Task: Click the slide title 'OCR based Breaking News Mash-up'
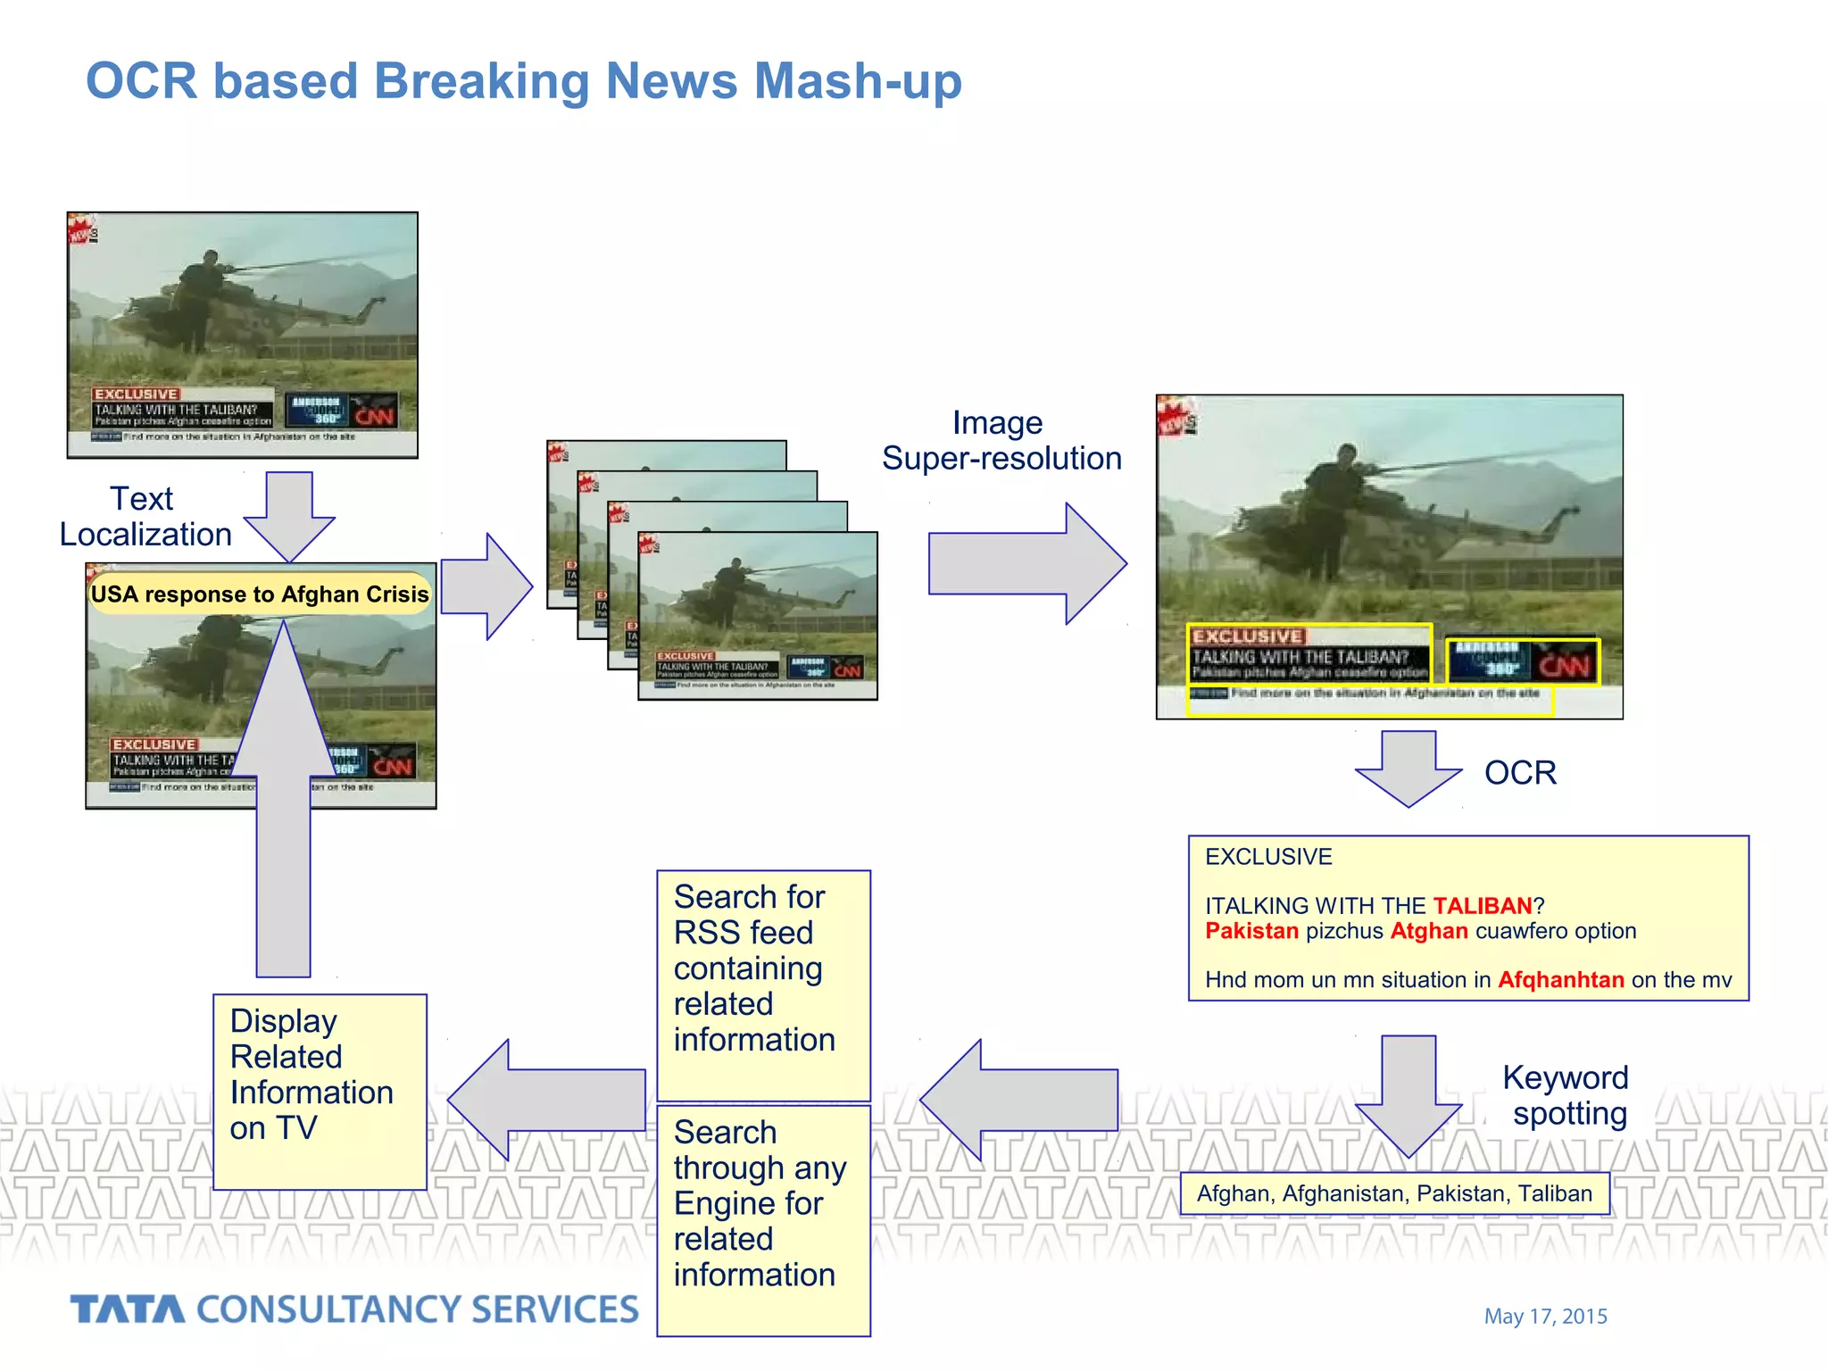click(523, 81)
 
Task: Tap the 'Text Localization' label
click(145, 517)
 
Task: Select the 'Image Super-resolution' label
click(1001, 441)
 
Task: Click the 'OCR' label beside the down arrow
click(1519, 773)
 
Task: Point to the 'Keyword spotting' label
click(1566, 1095)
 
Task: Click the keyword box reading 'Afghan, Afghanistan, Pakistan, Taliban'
click(1394, 1193)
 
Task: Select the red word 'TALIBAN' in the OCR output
click(1482, 906)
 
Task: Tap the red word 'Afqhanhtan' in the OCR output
click(1559, 980)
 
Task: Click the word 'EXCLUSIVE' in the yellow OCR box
click(1267, 857)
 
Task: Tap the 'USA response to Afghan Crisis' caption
click(260, 594)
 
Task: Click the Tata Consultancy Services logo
click(354, 1309)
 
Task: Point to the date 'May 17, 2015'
click(1545, 1317)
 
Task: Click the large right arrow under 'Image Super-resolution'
click(1026, 563)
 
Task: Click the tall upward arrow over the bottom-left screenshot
click(284, 803)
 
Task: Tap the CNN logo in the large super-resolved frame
click(1565, 666)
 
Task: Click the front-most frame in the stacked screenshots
click(757, 616)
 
